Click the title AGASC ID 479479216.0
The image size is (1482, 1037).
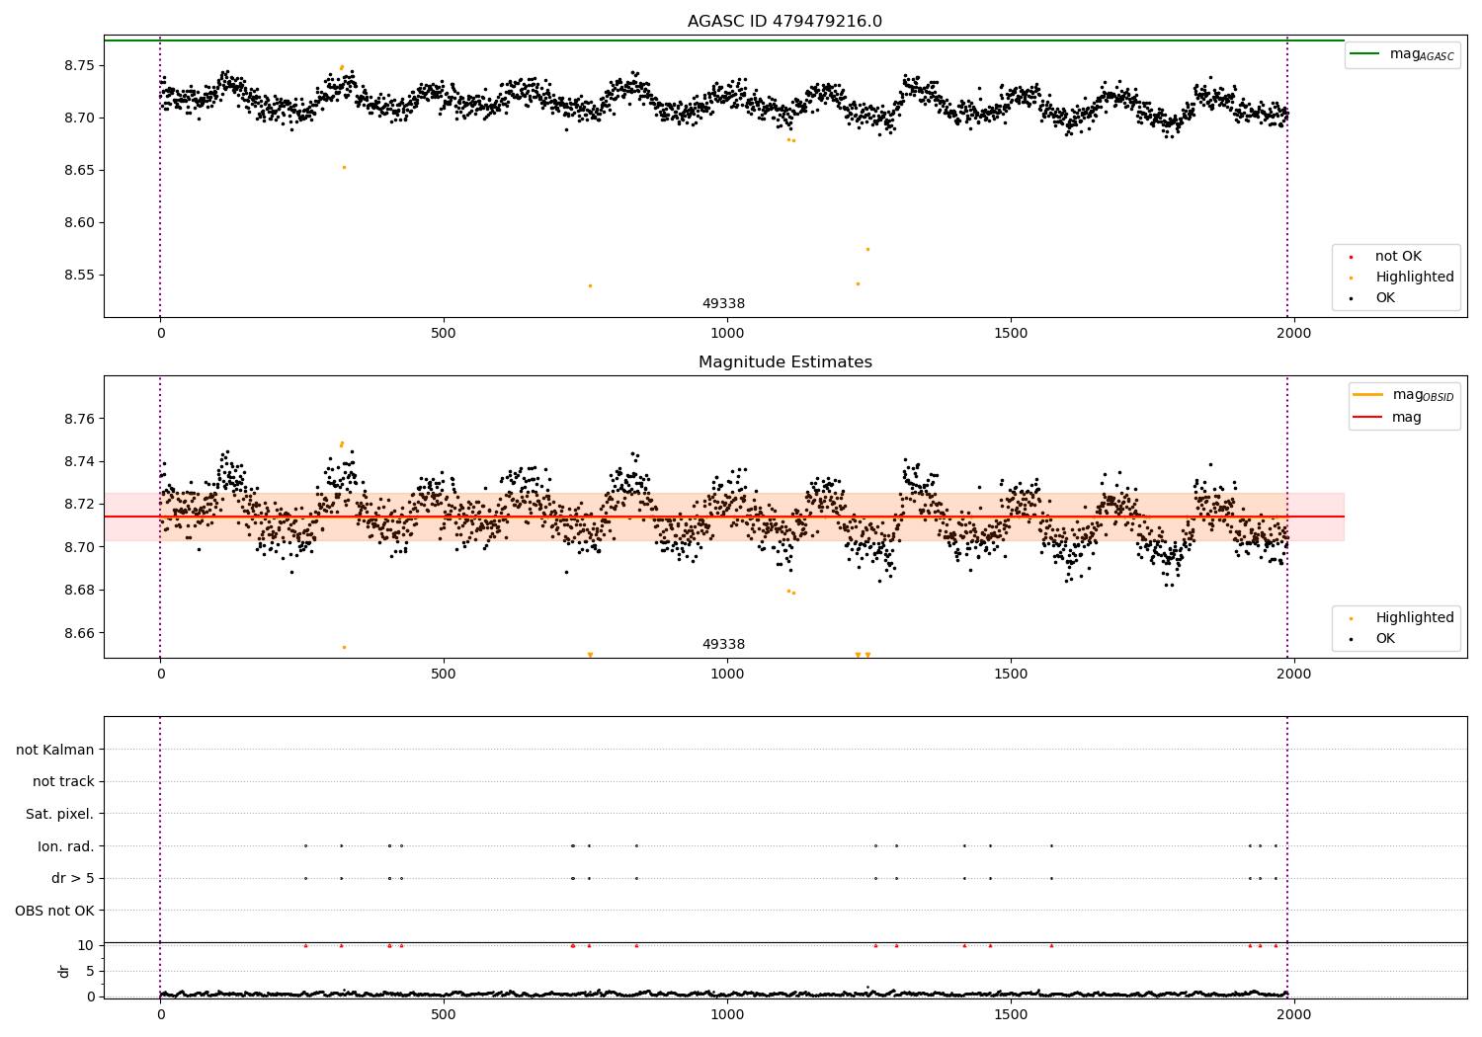pos(784,22)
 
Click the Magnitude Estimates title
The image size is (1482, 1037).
pos(784,362)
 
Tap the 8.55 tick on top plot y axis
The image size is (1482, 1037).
pos(80,275)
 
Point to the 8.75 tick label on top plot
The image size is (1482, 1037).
pos(80,65)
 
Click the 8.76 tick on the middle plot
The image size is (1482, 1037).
pos(80,419)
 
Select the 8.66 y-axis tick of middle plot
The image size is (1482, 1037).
pos(80,633)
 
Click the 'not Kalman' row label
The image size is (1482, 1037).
pos(55,750)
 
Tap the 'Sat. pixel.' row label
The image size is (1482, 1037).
pos(60,814)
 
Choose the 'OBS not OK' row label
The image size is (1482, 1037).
pos(54,911)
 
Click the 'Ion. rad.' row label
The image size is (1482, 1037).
pos(66,846)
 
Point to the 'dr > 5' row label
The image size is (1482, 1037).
pos(73,878)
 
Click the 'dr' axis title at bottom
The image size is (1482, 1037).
pos(64,971)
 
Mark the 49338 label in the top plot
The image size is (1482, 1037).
pos(723,303)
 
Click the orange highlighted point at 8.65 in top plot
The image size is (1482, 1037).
pos(344,167)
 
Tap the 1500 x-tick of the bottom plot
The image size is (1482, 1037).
pos(1011,1016)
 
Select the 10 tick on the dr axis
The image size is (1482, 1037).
pos(86,945)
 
